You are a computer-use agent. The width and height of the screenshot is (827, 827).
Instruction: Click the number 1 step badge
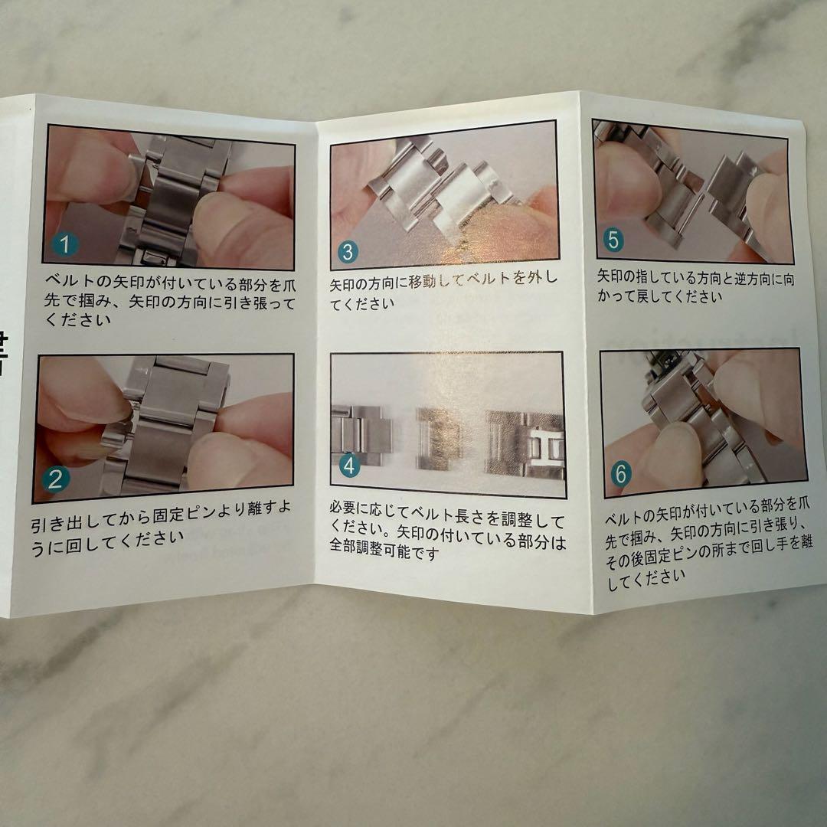coord(65,245)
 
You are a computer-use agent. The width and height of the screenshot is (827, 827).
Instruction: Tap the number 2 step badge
coord(55,479)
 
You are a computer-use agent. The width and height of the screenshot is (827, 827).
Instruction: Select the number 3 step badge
coord(347,252)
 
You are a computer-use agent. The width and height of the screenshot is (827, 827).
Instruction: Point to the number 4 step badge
coord(349,465)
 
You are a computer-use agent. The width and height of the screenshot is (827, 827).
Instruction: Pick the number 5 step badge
coord(613,240)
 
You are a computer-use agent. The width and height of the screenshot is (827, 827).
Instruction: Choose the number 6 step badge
coord(620,475)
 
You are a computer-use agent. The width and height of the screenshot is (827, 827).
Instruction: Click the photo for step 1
coord(169,197)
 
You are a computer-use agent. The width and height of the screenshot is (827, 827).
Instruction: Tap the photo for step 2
coord(164,427)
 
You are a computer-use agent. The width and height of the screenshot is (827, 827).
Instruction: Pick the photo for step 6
coord(702,420)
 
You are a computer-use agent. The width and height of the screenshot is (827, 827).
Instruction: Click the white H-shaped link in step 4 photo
coord(548,448)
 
